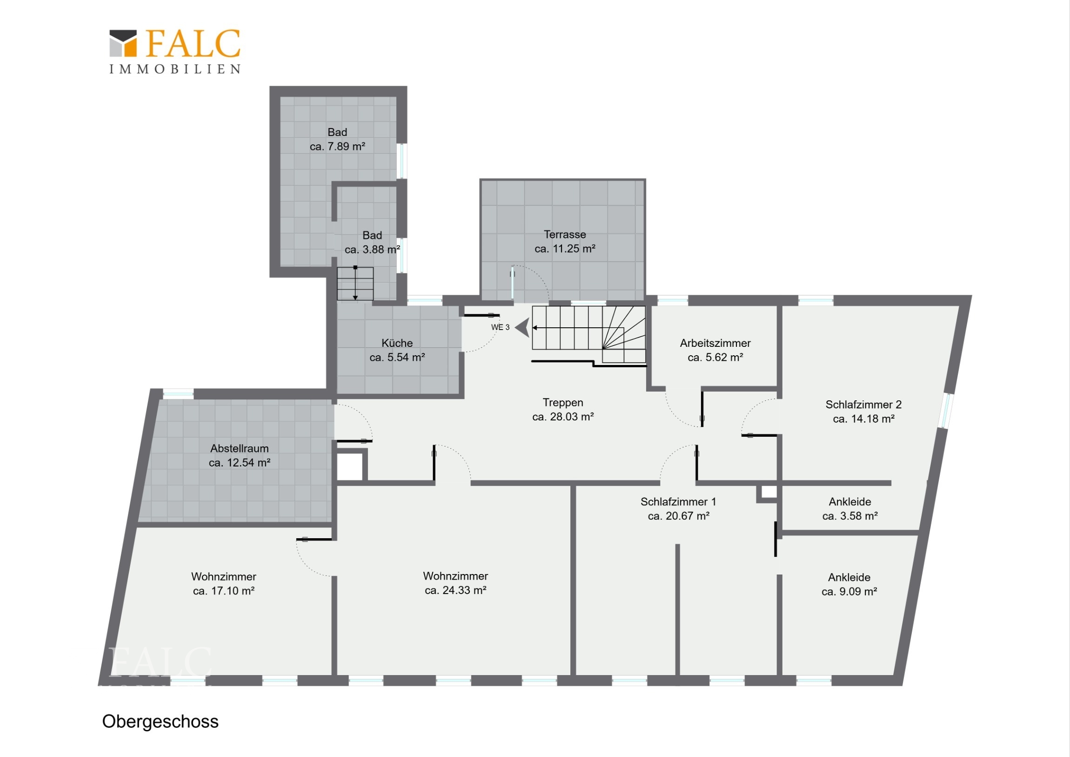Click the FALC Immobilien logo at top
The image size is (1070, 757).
[175, 51]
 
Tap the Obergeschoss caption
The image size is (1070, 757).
[160, 722]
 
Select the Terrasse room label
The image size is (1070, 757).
[565, 235]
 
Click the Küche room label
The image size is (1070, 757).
[397, 343]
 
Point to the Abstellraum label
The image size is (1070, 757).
[240, 449]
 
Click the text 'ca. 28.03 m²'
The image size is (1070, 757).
[563, 417]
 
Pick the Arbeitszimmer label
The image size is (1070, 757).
[716, 343]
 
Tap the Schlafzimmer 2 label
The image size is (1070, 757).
[863, 405]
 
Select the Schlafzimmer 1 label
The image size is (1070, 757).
[678, 502]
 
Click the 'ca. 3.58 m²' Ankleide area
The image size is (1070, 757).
[850, 516]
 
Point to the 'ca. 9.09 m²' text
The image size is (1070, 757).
[849, 592]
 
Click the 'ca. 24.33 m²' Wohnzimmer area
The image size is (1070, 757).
[455, 590]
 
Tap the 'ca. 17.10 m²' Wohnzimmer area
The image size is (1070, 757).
[224, 591]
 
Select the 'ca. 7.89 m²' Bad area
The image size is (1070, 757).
[337, 147]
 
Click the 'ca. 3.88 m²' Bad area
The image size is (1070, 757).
[372, 250]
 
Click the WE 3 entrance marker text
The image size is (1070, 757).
[500, 327]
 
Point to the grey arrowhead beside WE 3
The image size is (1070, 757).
[523, 327]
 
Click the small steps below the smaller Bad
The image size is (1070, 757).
[355, 284]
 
